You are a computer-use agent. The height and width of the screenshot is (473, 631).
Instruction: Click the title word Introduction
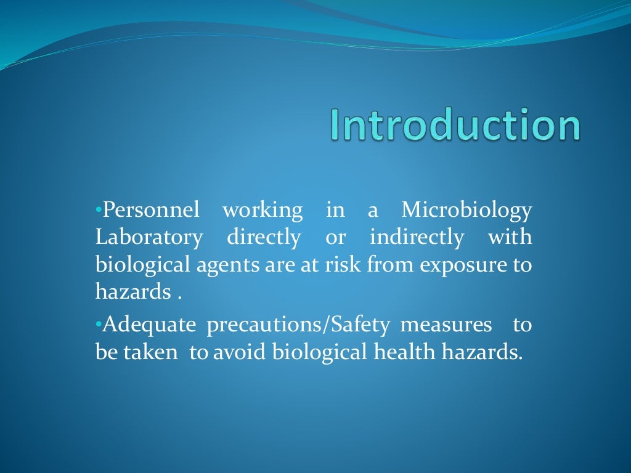click(x=455, y=125)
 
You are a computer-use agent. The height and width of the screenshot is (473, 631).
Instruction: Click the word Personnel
click(x=151, y=211)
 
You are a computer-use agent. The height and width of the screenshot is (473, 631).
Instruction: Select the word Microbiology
click(x=466, y=211)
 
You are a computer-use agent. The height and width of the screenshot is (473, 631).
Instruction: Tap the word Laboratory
click(x=149, y=238)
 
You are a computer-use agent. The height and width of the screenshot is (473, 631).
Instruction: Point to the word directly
click(x=264, y=238)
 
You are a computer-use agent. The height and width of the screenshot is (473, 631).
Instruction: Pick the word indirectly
click(x=417, y=238)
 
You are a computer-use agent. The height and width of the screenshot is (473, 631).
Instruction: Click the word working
click(x=263, y=211)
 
